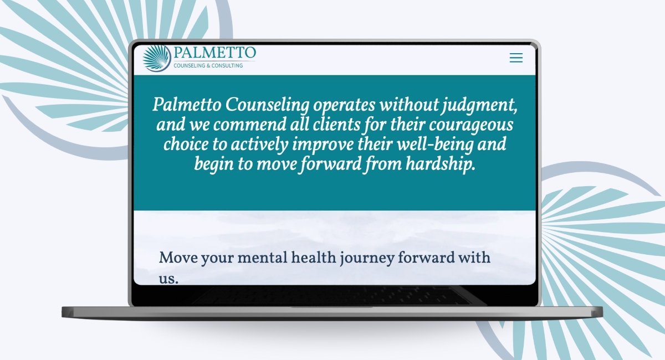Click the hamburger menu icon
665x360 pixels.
[516, 58]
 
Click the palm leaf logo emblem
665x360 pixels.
[157, 59]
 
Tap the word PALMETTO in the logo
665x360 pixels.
[214, 53]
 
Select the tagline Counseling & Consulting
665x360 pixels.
[208, 65]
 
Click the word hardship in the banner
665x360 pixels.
[441, 164]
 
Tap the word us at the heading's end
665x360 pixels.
[168, 279]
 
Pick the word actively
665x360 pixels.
[259, 145]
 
